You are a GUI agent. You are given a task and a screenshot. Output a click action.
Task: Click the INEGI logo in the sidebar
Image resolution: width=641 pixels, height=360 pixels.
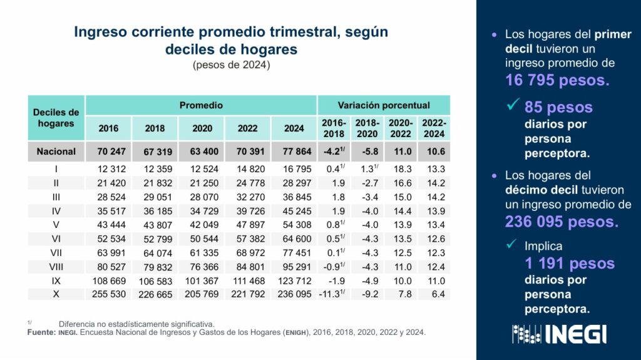[559, 334]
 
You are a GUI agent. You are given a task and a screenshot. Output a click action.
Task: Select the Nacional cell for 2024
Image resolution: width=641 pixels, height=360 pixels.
[294, 151]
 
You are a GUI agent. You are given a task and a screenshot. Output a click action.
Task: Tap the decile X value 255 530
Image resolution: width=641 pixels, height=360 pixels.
[108, 294]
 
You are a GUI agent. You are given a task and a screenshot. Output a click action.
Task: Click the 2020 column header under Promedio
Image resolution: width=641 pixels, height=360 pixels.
[202, 128]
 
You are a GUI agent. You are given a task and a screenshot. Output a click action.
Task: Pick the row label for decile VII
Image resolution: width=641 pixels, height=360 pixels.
[56, 252]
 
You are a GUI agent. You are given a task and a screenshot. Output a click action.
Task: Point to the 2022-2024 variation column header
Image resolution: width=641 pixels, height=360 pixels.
[434, 128]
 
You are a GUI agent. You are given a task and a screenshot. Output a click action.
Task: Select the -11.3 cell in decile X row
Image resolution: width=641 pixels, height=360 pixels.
[334, 294]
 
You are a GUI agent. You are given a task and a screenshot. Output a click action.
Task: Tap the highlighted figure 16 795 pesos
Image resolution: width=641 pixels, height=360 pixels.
[557, 80]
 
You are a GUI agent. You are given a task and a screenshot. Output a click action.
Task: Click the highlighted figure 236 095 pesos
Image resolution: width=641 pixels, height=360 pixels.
[561, 222]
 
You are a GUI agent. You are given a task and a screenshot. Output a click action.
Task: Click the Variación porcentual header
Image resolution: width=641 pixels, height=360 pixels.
[384, 105]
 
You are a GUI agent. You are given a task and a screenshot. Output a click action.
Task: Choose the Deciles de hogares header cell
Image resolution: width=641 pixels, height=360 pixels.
[56, 118]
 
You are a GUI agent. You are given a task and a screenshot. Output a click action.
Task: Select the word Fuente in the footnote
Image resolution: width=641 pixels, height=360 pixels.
[41, 332]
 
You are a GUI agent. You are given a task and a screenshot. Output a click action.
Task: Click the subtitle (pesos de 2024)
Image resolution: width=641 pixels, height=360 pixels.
[232, 64]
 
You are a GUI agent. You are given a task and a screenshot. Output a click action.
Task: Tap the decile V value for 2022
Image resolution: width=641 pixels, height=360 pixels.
[248, 225]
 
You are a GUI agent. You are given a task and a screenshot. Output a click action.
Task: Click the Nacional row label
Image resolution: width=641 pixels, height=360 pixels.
[56, 151]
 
